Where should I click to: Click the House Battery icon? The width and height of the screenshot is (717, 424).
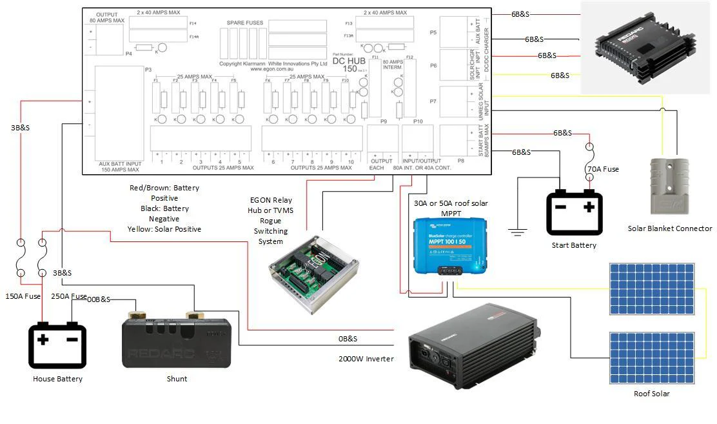point(57,346)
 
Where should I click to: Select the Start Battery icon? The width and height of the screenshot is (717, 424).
point(574,213)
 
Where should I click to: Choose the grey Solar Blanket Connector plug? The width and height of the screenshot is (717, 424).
point(669,187)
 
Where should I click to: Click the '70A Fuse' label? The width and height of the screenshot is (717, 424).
point(602,169)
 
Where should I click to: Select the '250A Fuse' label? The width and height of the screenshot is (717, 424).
point(68,297)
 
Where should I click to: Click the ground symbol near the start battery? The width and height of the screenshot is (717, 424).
point(517,230)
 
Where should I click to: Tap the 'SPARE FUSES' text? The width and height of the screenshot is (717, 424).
point(245,23)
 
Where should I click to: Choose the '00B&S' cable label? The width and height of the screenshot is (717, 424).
point(99,299)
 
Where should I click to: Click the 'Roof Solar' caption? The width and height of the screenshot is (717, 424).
point(651,394)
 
